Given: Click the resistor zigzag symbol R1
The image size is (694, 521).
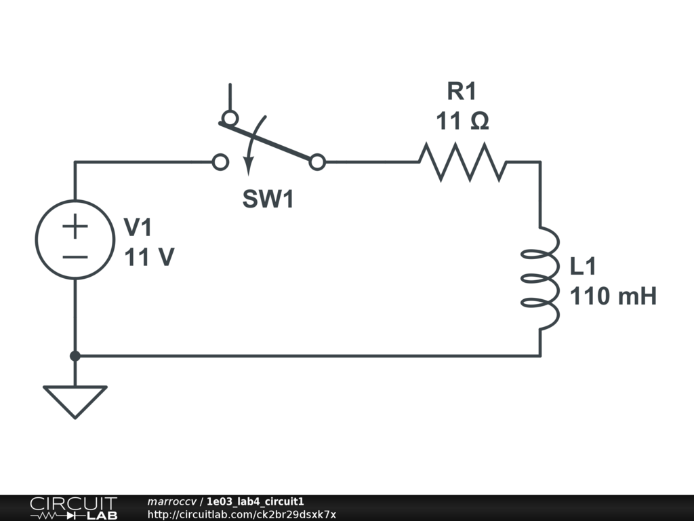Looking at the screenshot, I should tap(462, 162).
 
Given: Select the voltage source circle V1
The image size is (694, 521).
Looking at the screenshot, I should tap(75, 239).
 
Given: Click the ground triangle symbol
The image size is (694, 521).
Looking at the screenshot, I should tap(75, 400).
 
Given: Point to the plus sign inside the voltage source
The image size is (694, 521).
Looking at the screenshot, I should tap(75, 227).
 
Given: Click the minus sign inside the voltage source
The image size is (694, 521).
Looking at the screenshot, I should tap(75, 257).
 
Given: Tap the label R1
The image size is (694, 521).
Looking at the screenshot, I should tap(462, 91).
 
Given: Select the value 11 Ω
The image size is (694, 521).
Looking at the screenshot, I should tap(462, 121).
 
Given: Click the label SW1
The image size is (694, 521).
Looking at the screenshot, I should tap(268, 200).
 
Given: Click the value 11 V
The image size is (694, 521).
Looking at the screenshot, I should tap(149, 258).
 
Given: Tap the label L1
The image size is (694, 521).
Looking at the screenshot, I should tap(583, 267).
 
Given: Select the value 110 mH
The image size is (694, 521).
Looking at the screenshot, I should tap(613, 296).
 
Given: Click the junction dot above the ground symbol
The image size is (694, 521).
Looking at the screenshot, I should tap(75, 355).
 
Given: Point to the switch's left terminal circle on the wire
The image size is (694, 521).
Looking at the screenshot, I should tap(220, 162).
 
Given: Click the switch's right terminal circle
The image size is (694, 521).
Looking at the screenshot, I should tap(317, 162).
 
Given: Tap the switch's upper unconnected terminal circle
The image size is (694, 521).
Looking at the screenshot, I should tap(230, 119).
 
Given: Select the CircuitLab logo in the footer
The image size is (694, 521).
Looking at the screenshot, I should tap(73, 508).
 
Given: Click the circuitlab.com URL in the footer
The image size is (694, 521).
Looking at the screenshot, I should tap(241, 515).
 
